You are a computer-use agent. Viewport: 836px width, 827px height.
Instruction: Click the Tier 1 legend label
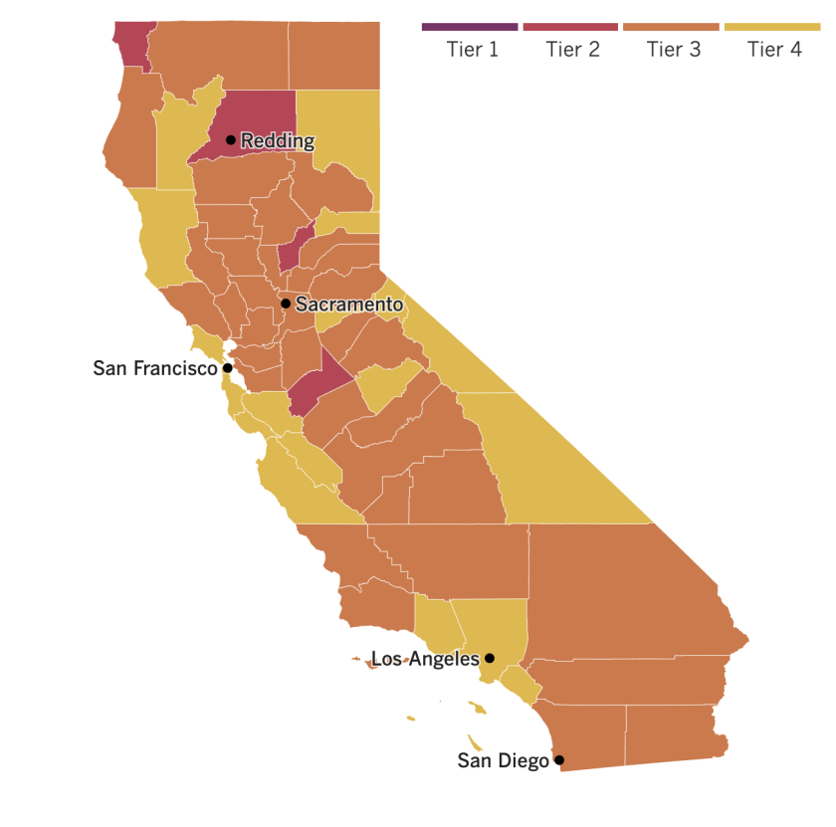pos(472,49)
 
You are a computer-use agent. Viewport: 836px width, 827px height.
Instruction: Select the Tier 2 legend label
pos(572,49)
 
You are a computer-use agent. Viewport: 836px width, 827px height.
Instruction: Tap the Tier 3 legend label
pos(673,49)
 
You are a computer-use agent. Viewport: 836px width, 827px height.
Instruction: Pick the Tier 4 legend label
pos(773,49)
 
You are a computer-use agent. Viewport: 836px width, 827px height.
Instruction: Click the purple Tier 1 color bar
pos(470,27)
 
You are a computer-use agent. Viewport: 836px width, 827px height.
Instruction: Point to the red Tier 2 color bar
pos(570,27)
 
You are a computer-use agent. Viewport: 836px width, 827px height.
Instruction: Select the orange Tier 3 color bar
pos(671,27)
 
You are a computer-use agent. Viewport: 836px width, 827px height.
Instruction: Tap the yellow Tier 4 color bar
pos(772,27)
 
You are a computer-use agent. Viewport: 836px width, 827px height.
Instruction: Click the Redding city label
pos(278,141)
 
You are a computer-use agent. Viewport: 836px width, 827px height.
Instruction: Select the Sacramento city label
pos(349,305)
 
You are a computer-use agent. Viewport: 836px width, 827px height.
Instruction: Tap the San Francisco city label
pos(155,368)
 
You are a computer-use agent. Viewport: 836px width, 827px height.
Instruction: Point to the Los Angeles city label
pos(425,659)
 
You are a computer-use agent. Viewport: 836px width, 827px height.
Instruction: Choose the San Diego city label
pos(503,761)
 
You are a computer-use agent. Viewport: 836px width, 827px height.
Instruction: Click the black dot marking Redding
pos(231,140)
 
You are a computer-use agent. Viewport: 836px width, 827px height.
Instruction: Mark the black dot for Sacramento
pos(286,304)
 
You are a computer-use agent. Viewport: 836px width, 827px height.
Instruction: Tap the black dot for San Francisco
pos(228,368)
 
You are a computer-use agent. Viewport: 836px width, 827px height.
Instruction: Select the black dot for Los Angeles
pos(490,659)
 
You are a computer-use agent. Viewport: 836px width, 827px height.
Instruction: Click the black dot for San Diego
pos(559,761)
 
